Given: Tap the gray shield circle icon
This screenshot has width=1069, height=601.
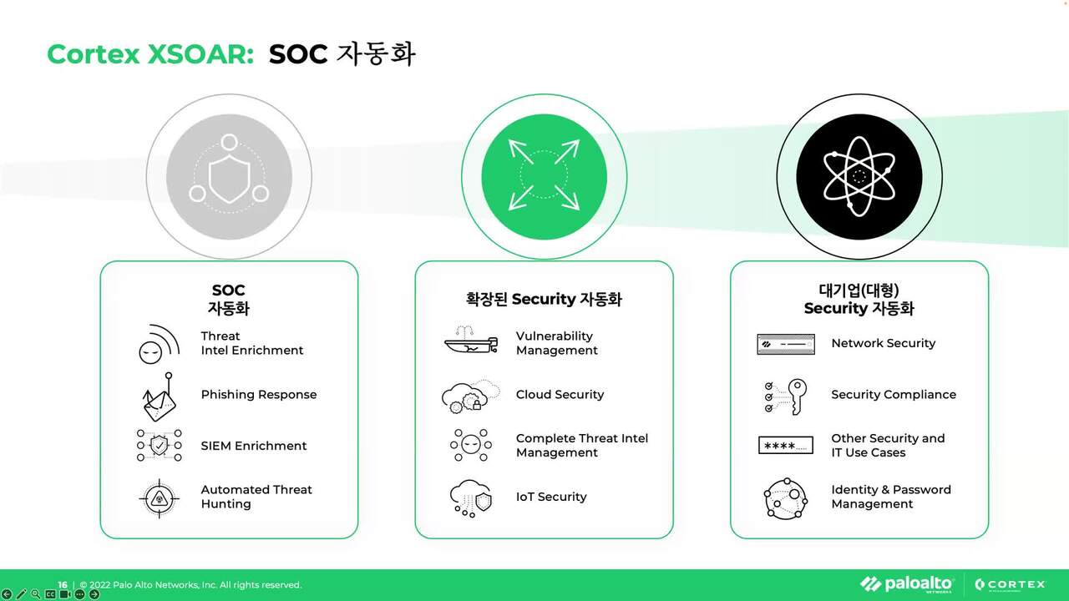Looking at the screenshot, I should tap(229, 176).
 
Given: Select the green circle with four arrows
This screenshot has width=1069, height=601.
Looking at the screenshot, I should tap(544, 174).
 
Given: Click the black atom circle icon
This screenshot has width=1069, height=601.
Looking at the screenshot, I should tap(859, 176).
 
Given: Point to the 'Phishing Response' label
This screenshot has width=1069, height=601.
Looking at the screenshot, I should tap(259, 395).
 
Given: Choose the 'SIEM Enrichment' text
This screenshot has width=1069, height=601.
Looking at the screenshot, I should tap(254, 446).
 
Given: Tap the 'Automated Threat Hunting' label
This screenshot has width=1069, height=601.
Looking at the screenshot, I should tap(256, 497).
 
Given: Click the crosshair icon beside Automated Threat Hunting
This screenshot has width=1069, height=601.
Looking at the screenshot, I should tap(159, 498).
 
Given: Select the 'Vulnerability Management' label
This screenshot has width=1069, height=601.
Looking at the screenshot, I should tap(556, 343).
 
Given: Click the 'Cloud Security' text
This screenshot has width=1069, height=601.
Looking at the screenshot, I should tap(560, 395).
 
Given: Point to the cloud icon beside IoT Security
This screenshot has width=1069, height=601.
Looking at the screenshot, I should tap(471, 497).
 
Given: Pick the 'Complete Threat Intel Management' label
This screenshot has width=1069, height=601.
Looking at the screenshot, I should tap(581, 445).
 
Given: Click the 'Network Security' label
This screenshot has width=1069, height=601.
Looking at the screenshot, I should tap(883, 343).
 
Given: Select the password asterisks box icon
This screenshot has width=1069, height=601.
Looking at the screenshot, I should tap(785, 446).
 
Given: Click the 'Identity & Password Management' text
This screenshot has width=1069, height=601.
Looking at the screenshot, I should tap(890, 497).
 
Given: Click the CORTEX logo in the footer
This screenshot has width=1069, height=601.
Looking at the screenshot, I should tap(1010, 584).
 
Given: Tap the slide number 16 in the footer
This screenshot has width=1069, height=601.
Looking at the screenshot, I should tap(63, 585).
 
